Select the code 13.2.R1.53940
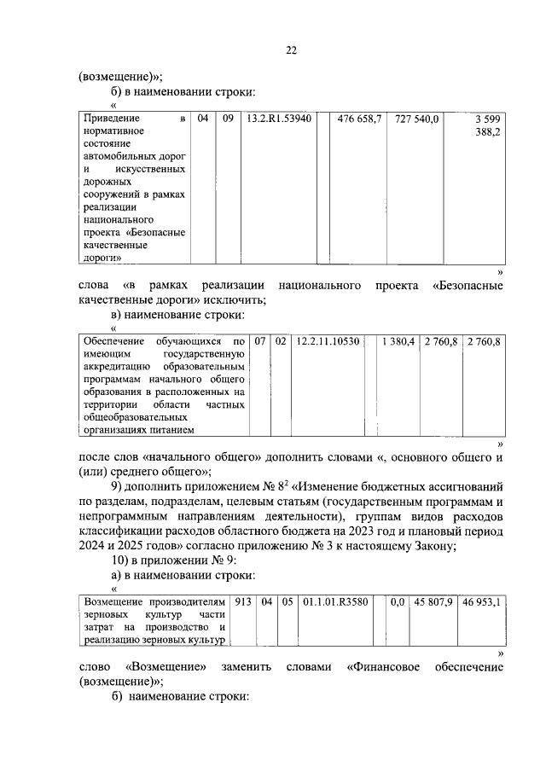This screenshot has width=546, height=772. (x=278, y=119)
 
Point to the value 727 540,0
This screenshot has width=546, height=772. (x=417, y=119)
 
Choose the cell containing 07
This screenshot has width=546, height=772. (x=260, y=341)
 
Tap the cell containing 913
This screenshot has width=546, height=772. (x=242, y=601)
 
